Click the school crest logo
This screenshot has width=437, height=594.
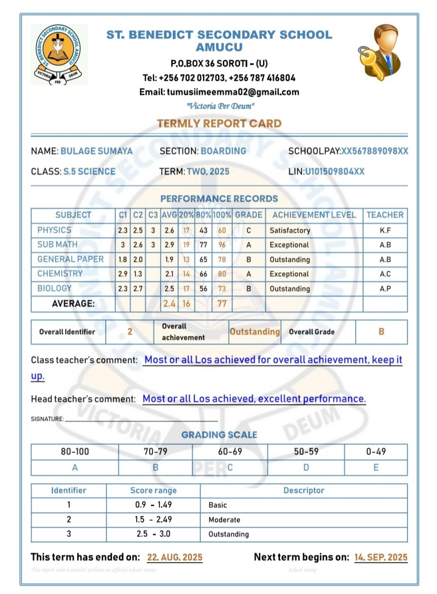click(x=59, y=54)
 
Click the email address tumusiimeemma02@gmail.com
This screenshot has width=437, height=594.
click(x=219, y=92)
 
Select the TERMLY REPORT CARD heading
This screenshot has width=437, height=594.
click(x=219, y=123)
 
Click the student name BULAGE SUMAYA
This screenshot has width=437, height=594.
click(x=97, y=151)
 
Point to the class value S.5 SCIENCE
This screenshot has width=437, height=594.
click(x=89, y=172)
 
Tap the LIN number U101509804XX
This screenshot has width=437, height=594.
click(x=334, y=172)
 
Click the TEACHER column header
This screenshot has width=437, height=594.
click(x=385, y=215)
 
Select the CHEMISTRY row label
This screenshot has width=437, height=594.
click(x=59, y=274)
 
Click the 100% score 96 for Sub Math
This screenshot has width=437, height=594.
click(x=222, y=245)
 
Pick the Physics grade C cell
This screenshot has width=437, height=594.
click(x=248, y=230)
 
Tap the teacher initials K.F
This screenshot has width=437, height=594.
click(x=385, y=230)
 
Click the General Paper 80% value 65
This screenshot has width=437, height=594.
click(x=203, y=260)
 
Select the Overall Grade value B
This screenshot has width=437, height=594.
click(x=381, y=332)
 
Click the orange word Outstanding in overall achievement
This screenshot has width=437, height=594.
click(x=255, y=332)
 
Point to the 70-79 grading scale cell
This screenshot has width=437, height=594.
click(x=155, y=452)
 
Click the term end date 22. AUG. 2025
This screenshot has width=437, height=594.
click(x=175, y=557)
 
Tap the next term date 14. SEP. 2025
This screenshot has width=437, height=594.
click(x=381, y=557)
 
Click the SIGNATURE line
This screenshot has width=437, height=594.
click(x=141, y=420)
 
